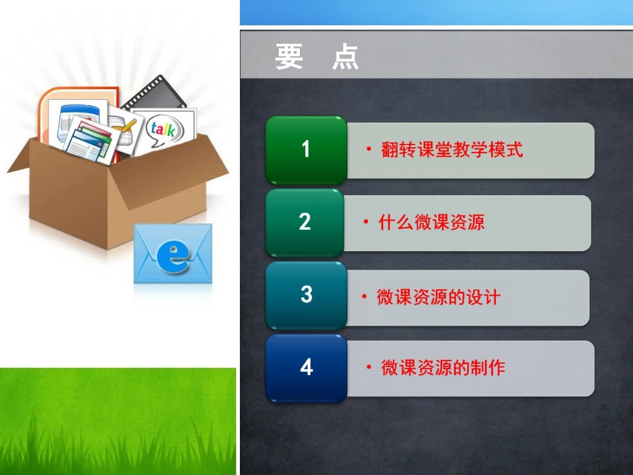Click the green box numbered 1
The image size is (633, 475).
(306, 149)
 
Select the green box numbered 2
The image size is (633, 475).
(305, 222)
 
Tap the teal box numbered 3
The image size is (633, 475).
(306, 294)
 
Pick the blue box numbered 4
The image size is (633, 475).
(306, 367)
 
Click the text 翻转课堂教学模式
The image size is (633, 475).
(452, 150)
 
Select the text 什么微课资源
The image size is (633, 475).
(431, 223)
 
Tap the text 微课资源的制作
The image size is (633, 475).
(442, 367)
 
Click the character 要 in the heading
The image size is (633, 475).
(289, 57)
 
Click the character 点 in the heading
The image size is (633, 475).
(345, 57)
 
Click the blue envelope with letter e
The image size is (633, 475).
(173, 254)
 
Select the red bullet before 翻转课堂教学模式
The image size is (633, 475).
(368, 150)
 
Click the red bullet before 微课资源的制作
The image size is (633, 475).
(368, 367)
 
